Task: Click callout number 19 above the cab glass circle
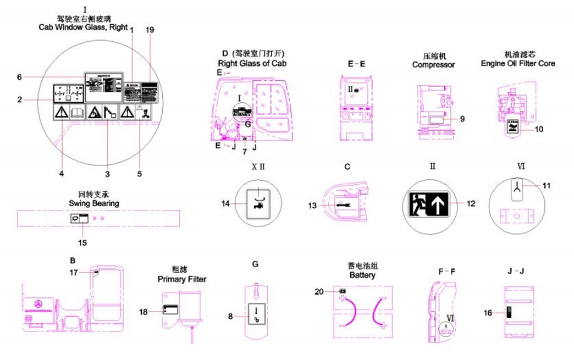pos(150,30)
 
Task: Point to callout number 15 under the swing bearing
pos(83,242)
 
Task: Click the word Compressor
pos(434,65)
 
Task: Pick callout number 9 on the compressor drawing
pos(462,118)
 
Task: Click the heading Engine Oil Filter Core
pos(518,63)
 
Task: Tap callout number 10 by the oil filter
pos(539,129)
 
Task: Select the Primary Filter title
pos(182,279)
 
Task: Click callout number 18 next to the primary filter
pos(143,312)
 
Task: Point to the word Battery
pos(362,275)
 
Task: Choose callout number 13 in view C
pos(313,206)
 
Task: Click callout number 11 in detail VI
pos(546,186)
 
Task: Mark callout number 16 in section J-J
pos(495,312)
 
